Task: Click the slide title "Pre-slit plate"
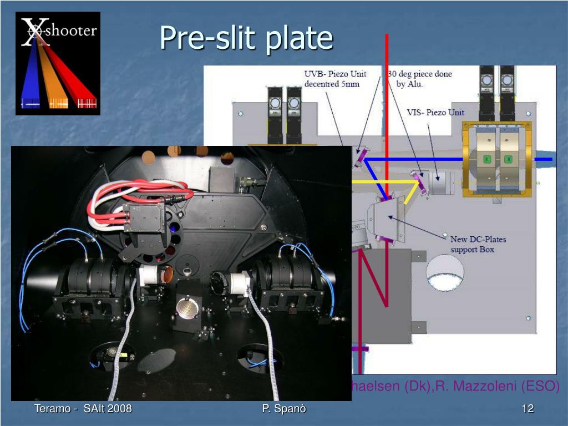pyautogui.click(x=246, y=38)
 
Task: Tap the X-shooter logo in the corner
pyautogui.click(x=58, y=63)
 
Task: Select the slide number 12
pyautogui.click(x=528, y=409)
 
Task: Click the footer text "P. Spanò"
pyautogui.click(x=284, y=409)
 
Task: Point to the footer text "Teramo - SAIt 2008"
pyautogui.click(x=83, y=409)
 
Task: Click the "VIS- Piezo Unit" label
pyautogui.click(x=435, y=113)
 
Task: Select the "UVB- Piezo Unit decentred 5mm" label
pyautogui.click(x=332, y=79)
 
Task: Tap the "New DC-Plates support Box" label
pyautogui.click(x=478, y=244)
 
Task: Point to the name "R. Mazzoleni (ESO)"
pyautogui.click(x=498, y=386)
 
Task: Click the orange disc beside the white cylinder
pyautogui.click(x=166, y=273)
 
